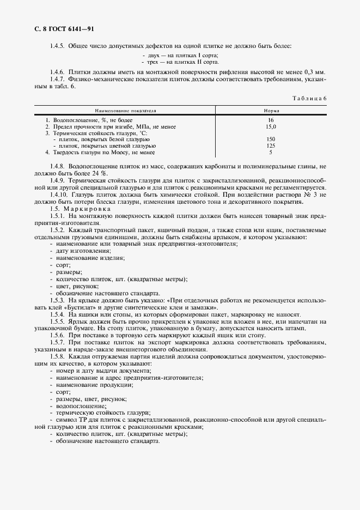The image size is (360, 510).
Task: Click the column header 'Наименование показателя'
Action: [x=125, y=110]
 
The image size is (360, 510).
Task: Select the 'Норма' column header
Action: [x=271, y=110]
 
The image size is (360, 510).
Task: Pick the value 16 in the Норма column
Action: [x=271, y=120]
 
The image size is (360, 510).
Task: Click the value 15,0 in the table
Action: [x=271, y=126]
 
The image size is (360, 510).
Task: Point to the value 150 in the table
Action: [x=271, y=139]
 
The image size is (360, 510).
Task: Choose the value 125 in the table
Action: [x=271, y=146]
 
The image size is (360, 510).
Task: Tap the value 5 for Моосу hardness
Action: [x=271, y=153]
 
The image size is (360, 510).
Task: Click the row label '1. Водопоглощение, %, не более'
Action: [x=89, y=120]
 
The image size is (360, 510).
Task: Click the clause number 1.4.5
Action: [x=58, y=45]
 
